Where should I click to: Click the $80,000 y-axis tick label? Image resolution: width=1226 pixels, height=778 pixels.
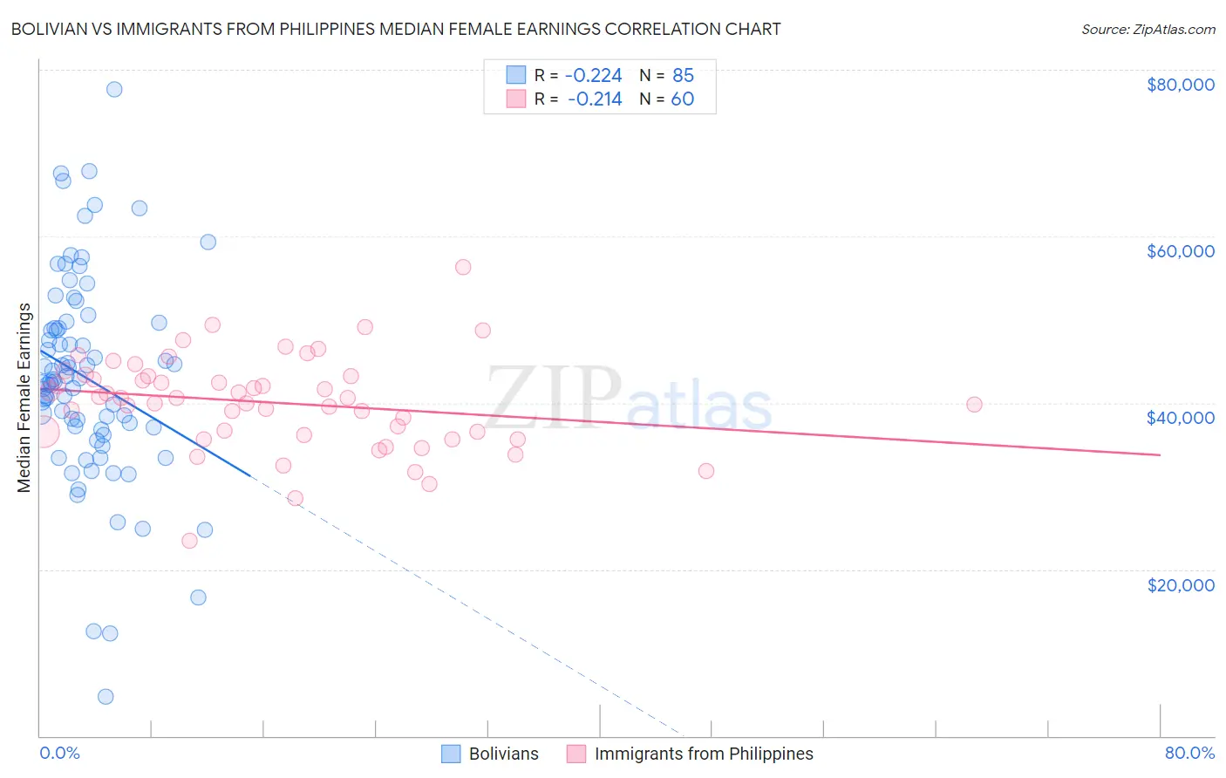1180,85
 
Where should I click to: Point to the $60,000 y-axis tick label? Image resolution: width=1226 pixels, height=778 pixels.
1180,251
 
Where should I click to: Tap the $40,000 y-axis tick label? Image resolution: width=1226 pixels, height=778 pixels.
1180,418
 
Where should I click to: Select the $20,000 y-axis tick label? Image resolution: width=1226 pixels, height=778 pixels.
1180,584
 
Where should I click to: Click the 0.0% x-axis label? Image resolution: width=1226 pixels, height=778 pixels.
59,753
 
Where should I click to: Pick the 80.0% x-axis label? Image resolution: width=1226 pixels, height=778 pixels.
1189,753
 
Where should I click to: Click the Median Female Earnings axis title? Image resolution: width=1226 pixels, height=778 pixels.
24,398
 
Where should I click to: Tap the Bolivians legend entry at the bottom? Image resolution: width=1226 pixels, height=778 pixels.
503,754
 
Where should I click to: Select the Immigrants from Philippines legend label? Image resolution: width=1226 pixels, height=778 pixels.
703,754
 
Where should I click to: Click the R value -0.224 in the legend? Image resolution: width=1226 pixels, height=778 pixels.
594,76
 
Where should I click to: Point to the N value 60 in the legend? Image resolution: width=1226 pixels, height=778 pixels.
682,99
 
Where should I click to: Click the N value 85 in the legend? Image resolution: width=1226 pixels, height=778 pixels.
683,76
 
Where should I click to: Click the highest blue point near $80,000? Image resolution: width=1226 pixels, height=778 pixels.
114,89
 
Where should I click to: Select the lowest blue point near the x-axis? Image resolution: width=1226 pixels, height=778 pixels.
106,696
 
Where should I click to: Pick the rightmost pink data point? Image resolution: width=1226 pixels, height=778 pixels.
974,404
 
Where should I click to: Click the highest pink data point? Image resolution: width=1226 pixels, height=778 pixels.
463,267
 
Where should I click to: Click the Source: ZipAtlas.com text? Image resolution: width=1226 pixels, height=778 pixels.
1148,30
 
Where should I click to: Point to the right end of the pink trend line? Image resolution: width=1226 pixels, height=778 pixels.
1160,454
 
